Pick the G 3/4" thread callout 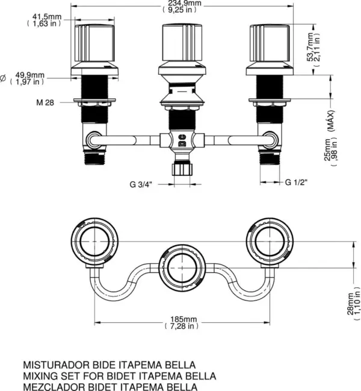pyautogui.click(x=142, y=184)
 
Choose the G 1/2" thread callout pyautogui.click(x=297, y=181)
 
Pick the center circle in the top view pyautogui.click(x=180, y=266)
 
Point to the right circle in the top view pyautogui.click(x=268, y=241)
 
